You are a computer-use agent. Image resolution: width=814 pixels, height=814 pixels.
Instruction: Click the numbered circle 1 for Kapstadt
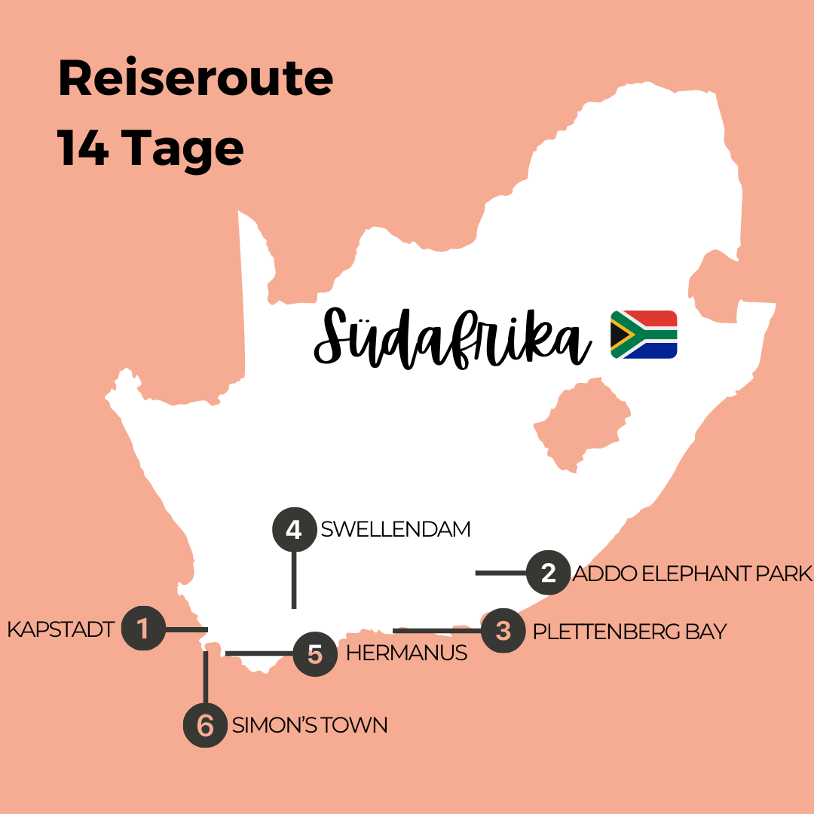pyautogui.click(x=143, y=628)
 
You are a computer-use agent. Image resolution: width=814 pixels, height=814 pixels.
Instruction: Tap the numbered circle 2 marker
pyautogui.click(x=548, y=573)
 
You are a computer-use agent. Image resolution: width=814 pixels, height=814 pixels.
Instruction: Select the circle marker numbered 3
pyautogui.click(x=503, y=630)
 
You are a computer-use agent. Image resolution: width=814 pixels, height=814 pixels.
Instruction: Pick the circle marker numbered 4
pyautogui.click(x=294, y=529)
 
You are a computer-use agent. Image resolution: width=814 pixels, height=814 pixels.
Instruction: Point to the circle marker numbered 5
pyautogui.click(x=315, y=653)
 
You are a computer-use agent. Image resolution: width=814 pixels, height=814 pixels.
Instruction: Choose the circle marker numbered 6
pyautogui.click(x=205, y=725)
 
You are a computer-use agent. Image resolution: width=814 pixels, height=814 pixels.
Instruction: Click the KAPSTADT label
pyautogui.click(x=60, y=629)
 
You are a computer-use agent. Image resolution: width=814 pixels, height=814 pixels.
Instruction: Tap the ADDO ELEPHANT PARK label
pyautogui.click(x=693, y=574)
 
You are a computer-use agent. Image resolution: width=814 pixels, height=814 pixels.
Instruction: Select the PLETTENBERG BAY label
pyautogui.click(x=629, y=631)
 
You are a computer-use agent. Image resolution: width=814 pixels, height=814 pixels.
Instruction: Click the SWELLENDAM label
pyautogui.click(x=396, y=529)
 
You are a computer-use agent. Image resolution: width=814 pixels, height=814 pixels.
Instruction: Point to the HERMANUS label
pyautogui.click(x=406, y=653)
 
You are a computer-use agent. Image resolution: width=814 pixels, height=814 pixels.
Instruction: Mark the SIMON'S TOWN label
pyautogui.click(x=310, y=725)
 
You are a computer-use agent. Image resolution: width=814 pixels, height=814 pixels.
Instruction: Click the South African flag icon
pyautogui.click(x=644, y=334)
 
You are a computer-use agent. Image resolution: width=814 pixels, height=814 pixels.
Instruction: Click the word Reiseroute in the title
pyautogui.click(x=195, y=79)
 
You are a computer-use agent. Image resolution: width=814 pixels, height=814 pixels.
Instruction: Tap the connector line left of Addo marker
pyautogui.click(x=500, y=574)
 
